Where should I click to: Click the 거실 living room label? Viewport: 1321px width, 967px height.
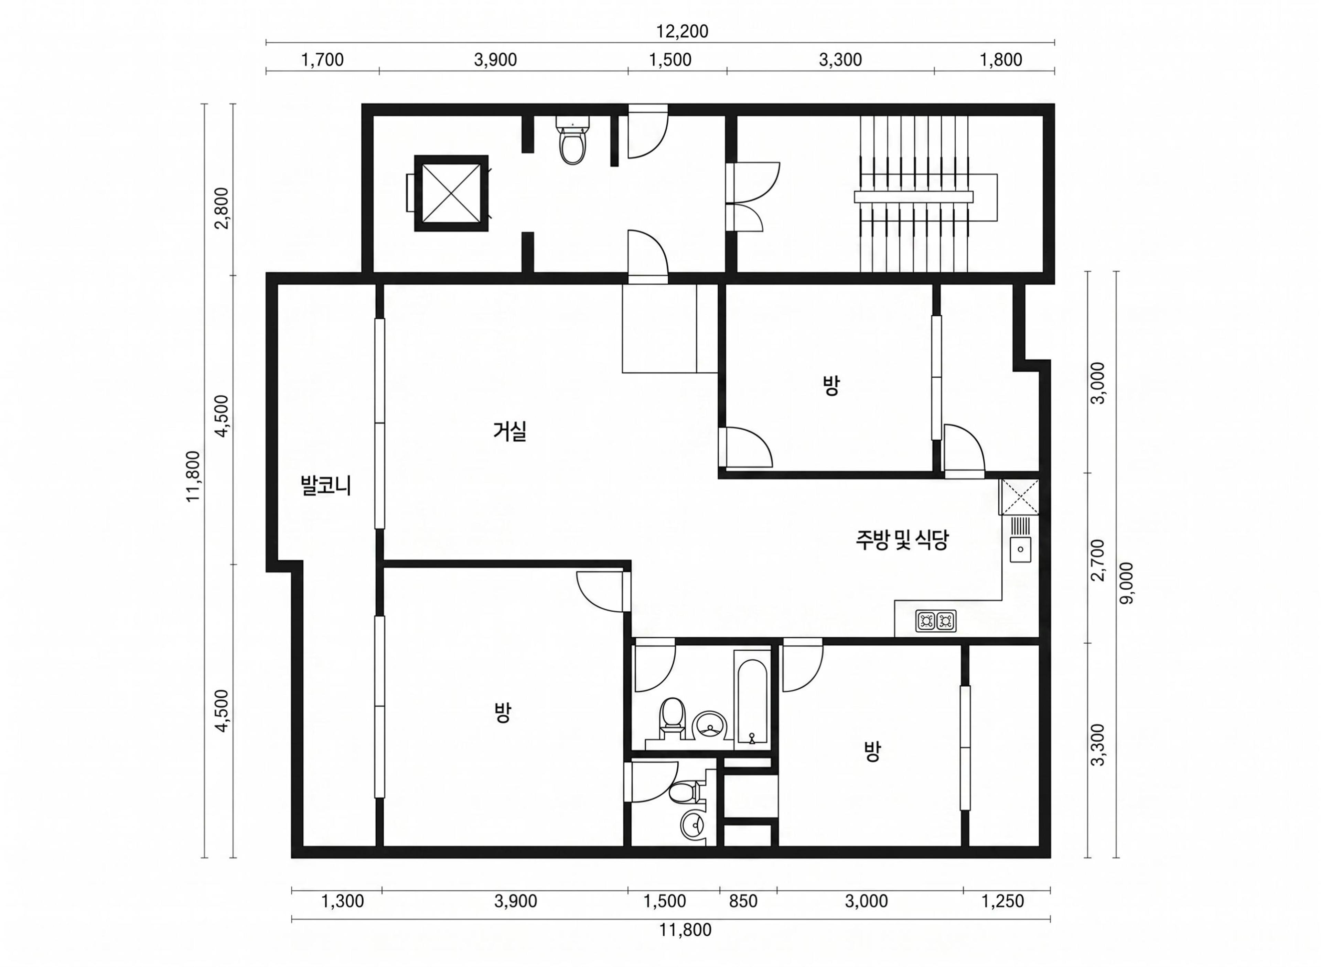(510, 432)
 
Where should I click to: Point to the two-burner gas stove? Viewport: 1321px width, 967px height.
(936, 621)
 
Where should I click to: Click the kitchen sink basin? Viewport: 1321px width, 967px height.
(1020, 549)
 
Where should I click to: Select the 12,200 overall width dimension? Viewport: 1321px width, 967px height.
(682, 31)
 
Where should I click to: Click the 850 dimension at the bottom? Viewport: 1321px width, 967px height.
(743, 901)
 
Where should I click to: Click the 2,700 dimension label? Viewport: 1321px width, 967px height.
(1098, 560)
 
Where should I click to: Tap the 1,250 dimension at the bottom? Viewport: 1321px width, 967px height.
(1003, 901)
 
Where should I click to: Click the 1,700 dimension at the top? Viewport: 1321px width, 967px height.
(322, 60)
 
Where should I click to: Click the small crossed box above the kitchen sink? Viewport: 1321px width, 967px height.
(1019, 497)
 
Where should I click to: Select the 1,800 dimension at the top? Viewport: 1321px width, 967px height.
(1001, 60)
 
